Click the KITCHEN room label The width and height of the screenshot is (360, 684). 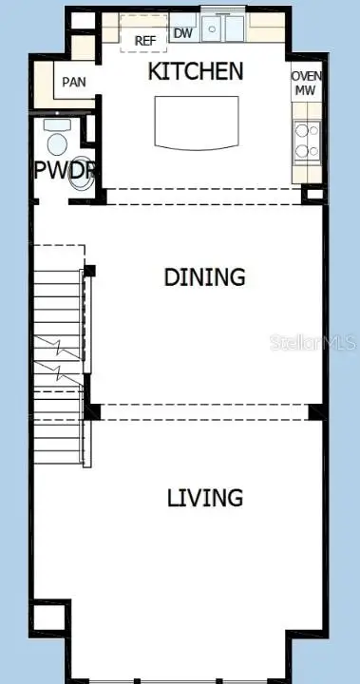(196, 70)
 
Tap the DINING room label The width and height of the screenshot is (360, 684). (204, 276)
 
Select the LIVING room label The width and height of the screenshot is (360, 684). (205, 497)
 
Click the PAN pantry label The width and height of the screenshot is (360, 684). (73, 82)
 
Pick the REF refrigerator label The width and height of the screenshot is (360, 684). (144, 40)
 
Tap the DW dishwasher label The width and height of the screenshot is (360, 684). (183, 33)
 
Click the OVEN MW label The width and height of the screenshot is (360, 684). (306, 83)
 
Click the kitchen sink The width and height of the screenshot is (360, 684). (222, 29)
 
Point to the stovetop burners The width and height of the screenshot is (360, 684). (306, 141)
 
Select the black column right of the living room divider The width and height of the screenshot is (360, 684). (316, 411)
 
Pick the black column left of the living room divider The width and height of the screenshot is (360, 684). (92, 411)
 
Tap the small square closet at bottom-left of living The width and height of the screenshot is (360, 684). (49, 618)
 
